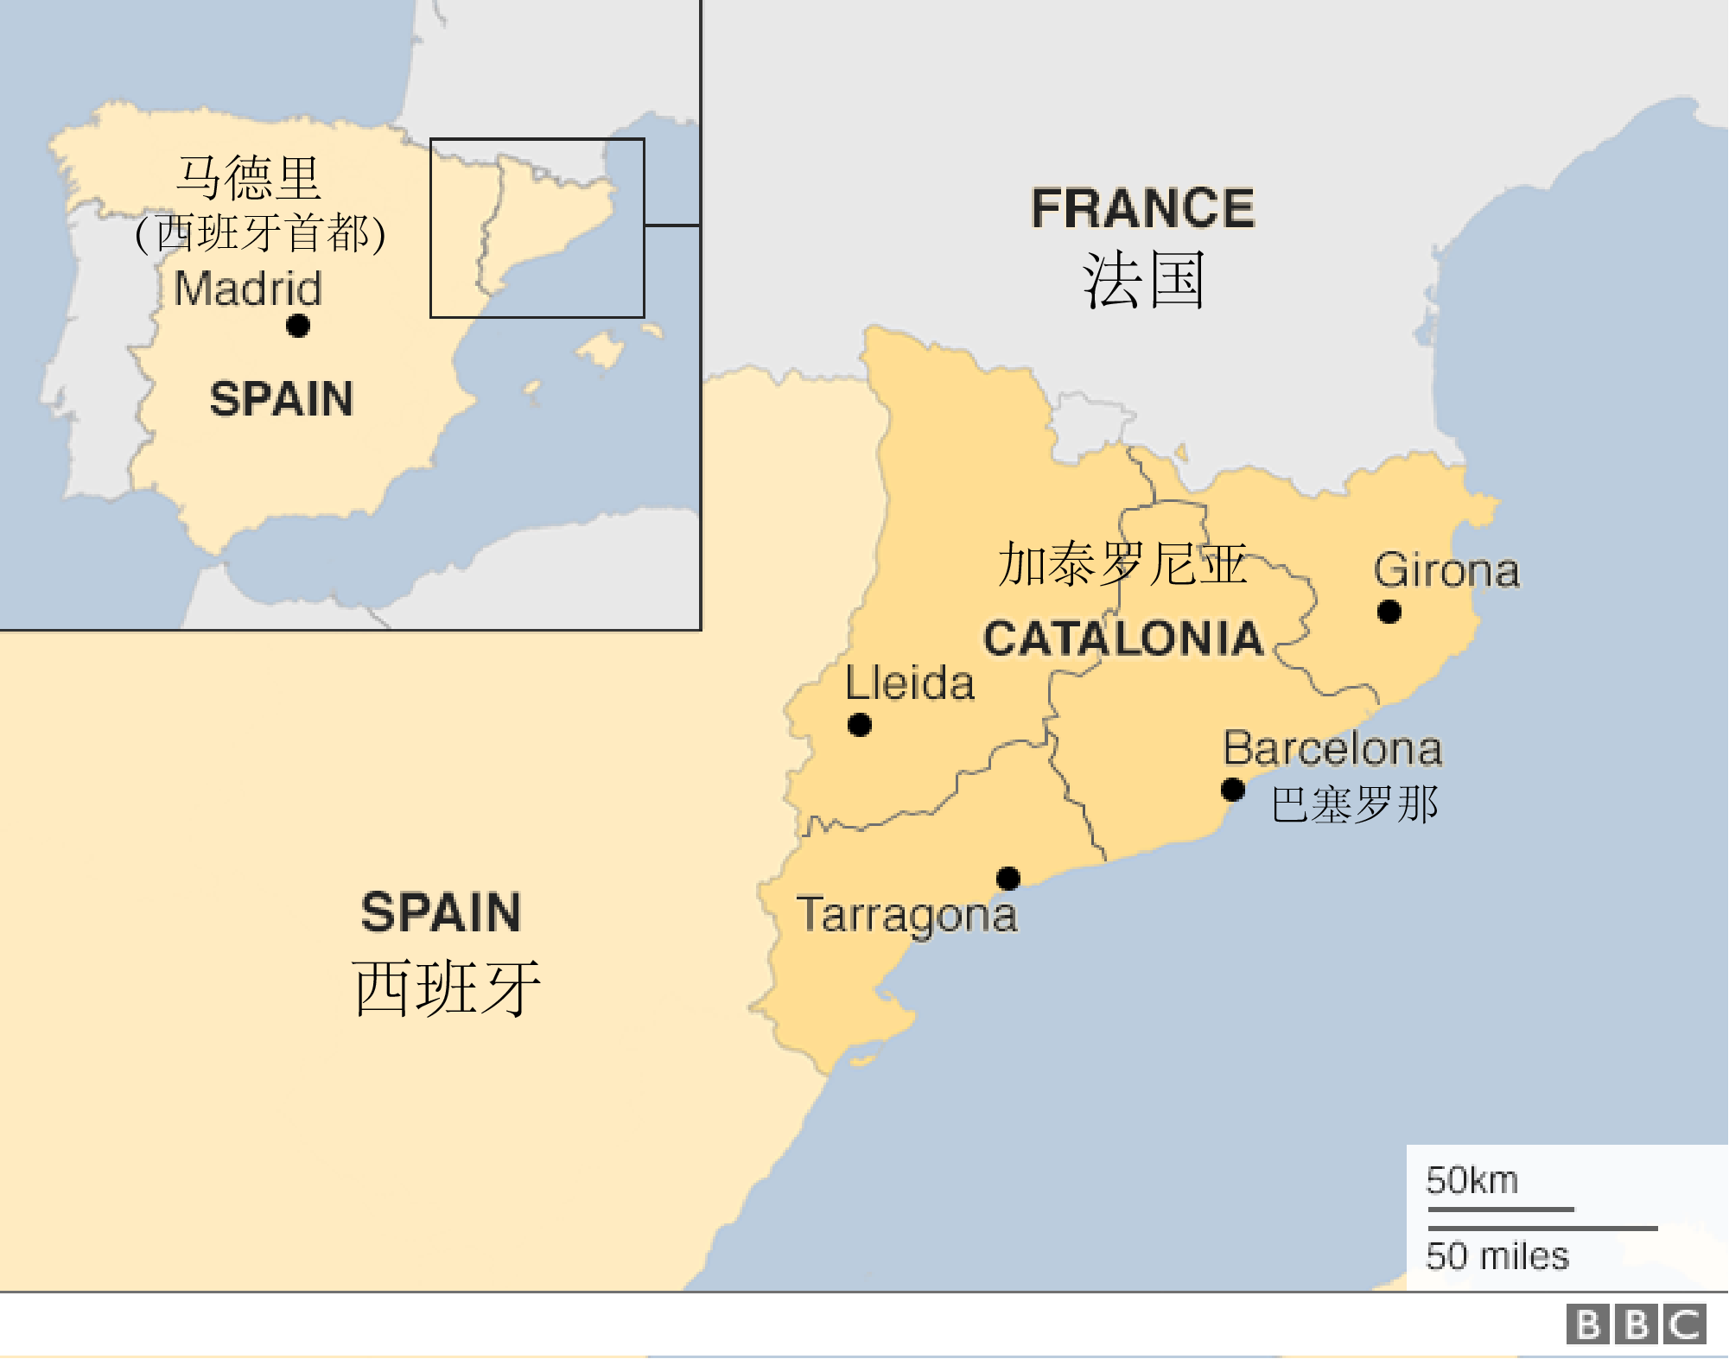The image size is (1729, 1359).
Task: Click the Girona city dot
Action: (x=1389, y=612)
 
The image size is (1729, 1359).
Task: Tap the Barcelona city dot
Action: (x=1232, y=789)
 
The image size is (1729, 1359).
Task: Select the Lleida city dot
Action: (x=859, y=724)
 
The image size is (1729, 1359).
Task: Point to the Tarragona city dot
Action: (x=1008, y=878)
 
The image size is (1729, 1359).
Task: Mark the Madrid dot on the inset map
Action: (x=298, y=326)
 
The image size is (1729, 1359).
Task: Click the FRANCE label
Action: (x=1142, y=208)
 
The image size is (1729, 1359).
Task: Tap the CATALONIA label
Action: (x=1123, y=638)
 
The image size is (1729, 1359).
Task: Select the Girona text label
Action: (x=1446, y=570)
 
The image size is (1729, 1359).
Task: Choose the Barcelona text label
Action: (x=1332, y=748)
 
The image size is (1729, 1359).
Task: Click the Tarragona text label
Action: (x=906, y=915)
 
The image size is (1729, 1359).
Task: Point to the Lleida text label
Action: (x=910, y=683)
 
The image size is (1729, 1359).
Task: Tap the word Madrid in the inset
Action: (x=248, y=288)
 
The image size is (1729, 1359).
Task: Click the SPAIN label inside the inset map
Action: (x=282, y=399)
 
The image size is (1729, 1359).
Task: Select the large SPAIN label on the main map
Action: (x=441, y=912)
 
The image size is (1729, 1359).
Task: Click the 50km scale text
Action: (x=1472, y=1180)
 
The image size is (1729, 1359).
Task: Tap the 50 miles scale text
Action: (x=1497, y=1255)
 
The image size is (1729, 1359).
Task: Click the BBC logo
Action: (x=1636, y=1324)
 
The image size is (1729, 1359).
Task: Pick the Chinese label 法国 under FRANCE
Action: (x=1142, y=281)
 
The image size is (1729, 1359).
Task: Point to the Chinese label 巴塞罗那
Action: (x=1355, y=804)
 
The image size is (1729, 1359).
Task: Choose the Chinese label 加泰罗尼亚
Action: (x=1122, y=563)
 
